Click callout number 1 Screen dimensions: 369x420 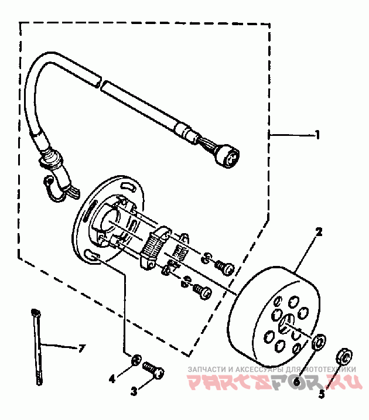(317, 135)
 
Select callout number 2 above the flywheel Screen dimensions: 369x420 (319, 232)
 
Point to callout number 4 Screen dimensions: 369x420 (112, 378)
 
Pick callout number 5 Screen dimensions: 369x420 (321, 395)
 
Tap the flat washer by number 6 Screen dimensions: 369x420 (319, 342)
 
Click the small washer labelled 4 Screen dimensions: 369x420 (135, 360)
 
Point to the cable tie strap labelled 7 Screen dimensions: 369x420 (37, 346)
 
